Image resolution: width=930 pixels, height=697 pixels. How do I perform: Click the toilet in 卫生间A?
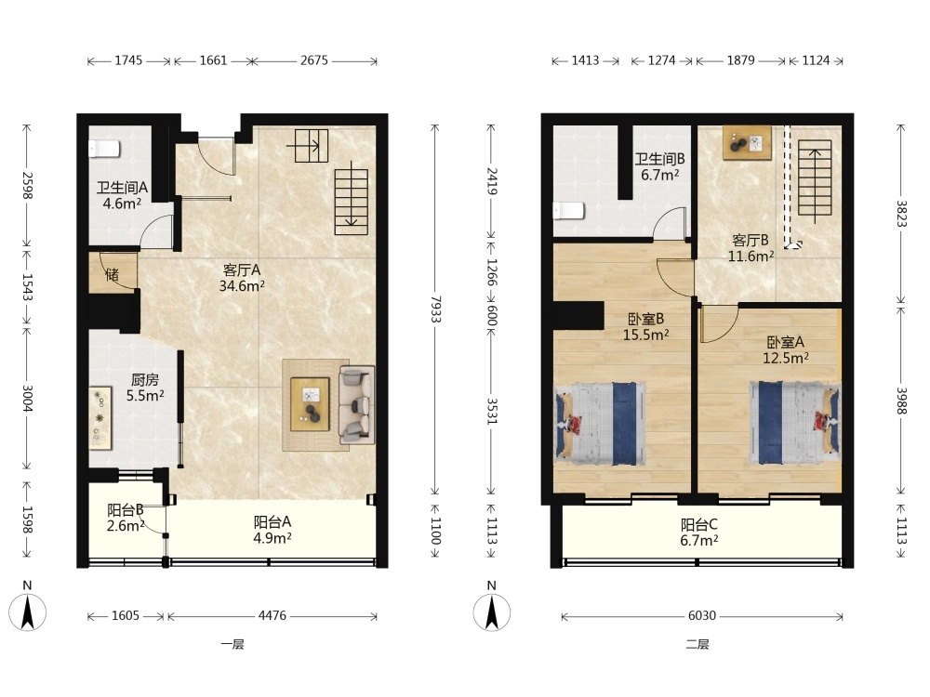click(104, 149)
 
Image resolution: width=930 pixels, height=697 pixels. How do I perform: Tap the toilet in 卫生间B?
click(569, 211)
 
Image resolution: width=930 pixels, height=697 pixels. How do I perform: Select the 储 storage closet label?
click(113, 274)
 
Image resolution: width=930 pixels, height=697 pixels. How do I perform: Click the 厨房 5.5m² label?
click(145, 388)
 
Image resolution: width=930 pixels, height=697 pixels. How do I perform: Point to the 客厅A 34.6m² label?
click(242, 278)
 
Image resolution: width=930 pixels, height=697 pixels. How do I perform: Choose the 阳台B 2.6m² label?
click(126, 518)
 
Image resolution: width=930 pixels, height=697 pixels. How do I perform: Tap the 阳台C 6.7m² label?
click(699, 533)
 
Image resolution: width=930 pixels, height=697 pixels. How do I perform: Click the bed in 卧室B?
click(600, 423)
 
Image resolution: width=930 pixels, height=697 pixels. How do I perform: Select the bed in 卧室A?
click(795, 422)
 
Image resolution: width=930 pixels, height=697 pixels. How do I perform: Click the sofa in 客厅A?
click(357, 405)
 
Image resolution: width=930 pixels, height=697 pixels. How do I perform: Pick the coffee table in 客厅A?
click(310, 405)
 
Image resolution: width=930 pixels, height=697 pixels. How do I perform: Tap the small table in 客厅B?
click(747, 142)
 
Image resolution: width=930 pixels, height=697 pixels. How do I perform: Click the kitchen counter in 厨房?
click(100, 417)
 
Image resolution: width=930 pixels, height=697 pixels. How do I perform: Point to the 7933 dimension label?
click(435, 309)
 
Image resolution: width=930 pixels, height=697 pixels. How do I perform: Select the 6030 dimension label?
click(701, 616)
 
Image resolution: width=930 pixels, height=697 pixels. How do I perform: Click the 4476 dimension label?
click(272, 616)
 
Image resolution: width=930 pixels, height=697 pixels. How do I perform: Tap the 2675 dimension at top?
click(313, 60)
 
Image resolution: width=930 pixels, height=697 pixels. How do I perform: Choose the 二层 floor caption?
click(697, 644)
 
